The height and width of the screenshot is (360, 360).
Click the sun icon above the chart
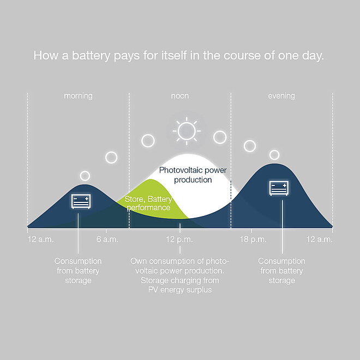[x=187, y=131]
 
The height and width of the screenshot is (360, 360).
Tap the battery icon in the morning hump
[x=81, y=201]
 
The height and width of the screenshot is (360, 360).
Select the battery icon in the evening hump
[x=279, y=188]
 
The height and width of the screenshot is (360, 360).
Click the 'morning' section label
[x=78, y=96]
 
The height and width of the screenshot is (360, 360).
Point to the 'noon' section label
[x=180, y=96]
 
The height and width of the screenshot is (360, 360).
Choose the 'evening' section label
[x=281, y=96]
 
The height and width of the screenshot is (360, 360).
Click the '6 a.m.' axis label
[x=107, y=239]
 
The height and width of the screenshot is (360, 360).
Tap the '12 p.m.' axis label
[x=179, y=239]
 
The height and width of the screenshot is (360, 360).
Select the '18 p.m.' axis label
[x=253, y=239]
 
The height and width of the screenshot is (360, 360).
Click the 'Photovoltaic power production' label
[x=193, y=175]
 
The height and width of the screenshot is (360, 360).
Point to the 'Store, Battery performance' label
[x=148, y=203]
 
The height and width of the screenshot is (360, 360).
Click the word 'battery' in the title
[x=91, y=56]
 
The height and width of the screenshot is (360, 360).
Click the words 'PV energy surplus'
[x=180, y=290]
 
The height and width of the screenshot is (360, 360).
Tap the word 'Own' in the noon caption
[x=139, y=261]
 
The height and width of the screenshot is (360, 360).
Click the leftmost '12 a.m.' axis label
[x=41, y=239]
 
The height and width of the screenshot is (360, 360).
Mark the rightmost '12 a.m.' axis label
[x=319, y=239]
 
